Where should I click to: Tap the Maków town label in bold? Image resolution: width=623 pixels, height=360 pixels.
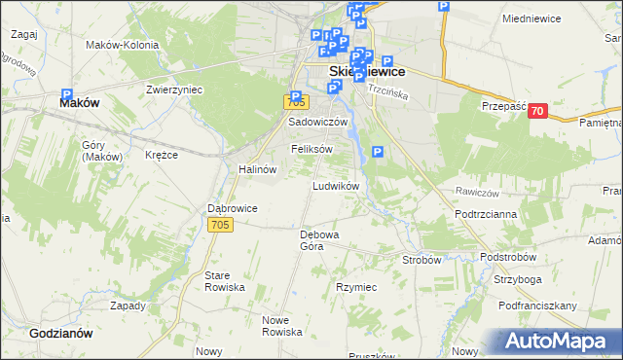coord(81,101)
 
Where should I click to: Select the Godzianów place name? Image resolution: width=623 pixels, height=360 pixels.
coord(60,332)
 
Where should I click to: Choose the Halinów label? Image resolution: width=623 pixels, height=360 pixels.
coord(258,168)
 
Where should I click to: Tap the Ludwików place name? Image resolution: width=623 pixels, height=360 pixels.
coord(336,185)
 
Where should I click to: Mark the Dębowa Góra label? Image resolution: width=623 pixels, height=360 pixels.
coord(318,240)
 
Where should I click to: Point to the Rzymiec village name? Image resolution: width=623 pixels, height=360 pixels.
coord(355,288)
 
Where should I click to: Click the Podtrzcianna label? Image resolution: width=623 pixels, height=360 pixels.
coord(484,213)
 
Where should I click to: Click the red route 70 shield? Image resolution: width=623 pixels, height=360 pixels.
coord(537,112)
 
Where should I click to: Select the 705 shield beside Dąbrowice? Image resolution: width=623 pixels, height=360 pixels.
coord(221,225)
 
